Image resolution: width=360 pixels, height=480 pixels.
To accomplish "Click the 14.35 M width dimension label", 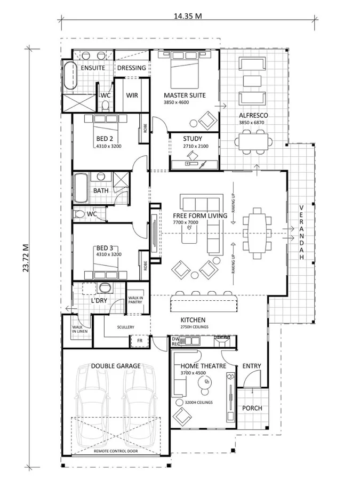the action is [x=188, y=15].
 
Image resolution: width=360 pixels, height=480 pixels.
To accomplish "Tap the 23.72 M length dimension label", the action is [x=26, y=258].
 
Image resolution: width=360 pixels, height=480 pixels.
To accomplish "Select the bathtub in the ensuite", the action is [x=70, y=76].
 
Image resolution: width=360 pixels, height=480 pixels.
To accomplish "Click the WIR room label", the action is [x=132, y=95].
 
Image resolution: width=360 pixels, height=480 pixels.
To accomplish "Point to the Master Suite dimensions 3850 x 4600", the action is [x=177, y=102].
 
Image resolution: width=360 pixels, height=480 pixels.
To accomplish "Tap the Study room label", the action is [x=193, y=139].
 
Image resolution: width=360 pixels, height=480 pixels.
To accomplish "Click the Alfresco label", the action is [x=253, y=115].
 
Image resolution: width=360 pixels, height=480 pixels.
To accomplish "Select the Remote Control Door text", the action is [x=116, y=451].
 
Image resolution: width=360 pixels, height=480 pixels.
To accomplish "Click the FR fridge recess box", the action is [x=140, y=341].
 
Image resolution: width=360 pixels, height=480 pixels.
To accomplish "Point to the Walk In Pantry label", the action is [x=135, y=300].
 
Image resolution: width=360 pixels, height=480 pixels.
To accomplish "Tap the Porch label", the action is [x=252, y=408].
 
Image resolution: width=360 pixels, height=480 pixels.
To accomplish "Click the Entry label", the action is [x=252, y=366].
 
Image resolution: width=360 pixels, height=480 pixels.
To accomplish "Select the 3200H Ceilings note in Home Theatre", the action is [x=199, y=402].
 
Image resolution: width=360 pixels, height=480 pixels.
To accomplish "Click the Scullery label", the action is [x=125, y=327].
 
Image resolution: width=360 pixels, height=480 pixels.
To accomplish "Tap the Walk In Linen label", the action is [x=80, y=329].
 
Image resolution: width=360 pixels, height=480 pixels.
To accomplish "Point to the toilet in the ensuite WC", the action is [x=105, y=106].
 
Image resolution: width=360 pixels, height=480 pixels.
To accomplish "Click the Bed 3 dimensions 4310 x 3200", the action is [x=109, y=254].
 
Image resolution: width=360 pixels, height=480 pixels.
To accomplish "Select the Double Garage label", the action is [x=116, y=366].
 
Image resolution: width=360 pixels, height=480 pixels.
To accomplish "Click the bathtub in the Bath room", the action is [x=81, y=188].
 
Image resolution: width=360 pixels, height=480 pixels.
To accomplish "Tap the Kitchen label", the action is [x=193, y=320].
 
